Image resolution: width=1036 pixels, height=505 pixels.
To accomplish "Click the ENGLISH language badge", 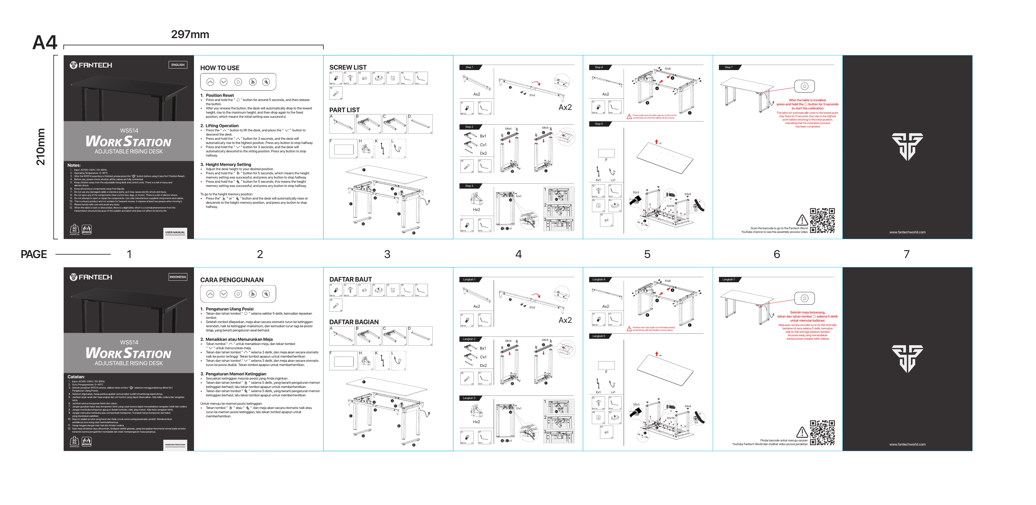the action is (178, 65).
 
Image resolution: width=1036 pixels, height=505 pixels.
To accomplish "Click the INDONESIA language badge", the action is (178, 277).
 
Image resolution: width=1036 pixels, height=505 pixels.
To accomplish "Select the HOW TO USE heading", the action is (220, 68).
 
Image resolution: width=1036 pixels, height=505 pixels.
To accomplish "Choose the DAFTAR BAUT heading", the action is (350, 279).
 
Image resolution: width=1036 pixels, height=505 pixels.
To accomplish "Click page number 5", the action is (647, 254).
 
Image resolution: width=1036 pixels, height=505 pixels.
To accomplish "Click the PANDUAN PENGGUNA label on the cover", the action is (175, 445).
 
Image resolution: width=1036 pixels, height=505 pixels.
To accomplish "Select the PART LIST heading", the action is (344, 110).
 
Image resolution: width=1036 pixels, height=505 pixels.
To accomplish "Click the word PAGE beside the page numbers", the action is (34, 254).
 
